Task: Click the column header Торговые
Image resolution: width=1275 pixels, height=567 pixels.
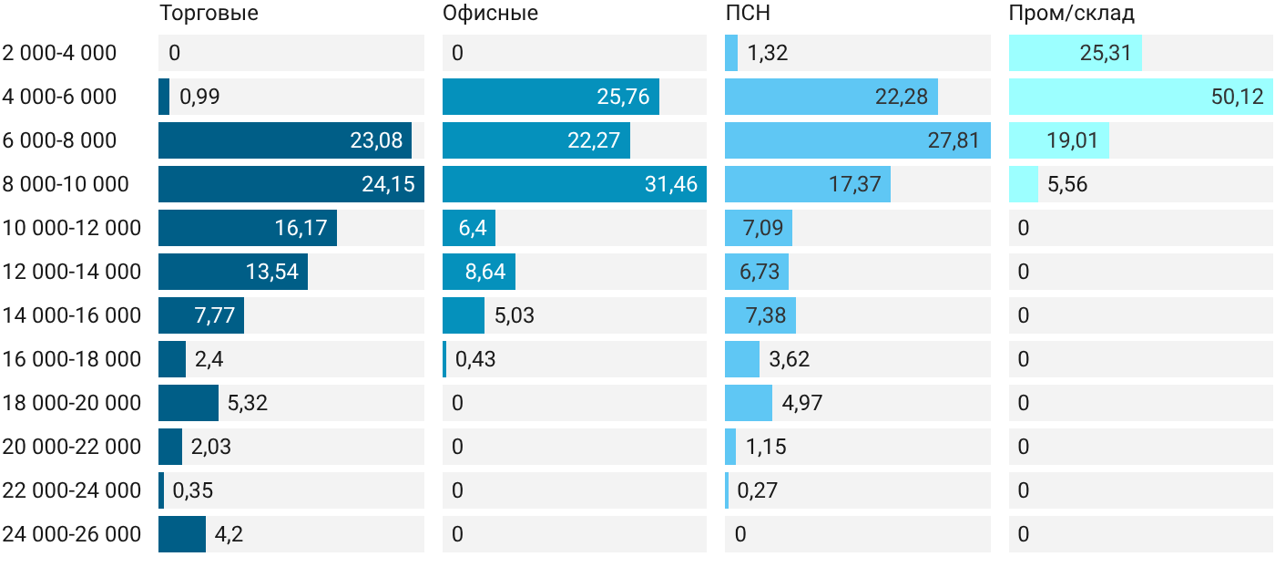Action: click(209, 13)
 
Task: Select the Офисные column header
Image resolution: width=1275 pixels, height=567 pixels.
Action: click(490, 13)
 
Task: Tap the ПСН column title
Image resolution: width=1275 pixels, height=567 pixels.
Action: click(748, 13)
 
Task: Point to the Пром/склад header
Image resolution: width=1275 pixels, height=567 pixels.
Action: click(1072, 13)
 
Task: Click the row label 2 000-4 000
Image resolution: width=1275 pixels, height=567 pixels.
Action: click(59, 53)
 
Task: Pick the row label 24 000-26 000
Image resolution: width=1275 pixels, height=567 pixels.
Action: click(72, 534)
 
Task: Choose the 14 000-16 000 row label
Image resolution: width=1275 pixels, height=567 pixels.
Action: click(72, 315)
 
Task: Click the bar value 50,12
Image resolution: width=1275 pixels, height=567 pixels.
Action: click(1238, 97)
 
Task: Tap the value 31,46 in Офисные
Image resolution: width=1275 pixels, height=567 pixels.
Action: click(671, 184)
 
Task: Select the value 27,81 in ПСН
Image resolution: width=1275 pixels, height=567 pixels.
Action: click(954, 140)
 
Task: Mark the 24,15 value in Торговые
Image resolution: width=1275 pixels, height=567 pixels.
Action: click(388, 184)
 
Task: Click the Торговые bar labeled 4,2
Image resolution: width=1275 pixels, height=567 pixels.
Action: click(182, 534)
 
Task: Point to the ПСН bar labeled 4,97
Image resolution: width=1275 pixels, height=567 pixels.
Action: click(749, 403)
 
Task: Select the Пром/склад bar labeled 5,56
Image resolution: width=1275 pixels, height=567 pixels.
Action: click(1024, 184)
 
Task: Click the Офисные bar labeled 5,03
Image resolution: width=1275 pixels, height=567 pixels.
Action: click(464, 315)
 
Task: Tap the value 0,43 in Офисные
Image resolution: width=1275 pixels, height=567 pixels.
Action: click(475, 359)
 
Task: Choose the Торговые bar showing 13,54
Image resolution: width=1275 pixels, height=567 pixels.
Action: click(233, 272)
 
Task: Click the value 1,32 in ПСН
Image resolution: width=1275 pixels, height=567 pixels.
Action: click(767, 53)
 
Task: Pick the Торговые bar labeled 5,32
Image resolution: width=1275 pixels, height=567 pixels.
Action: click(189, 403)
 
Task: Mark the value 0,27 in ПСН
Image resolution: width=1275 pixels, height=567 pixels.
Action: click(757, 490)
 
